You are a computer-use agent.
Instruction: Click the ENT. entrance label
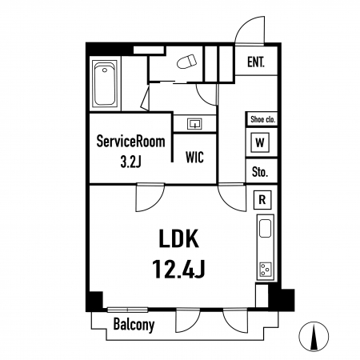(x=256, y=62)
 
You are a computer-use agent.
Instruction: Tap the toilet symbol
(x=187, y=62)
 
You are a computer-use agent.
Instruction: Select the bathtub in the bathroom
(x=105, y=84)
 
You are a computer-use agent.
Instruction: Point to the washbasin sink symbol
(x=194, y=124)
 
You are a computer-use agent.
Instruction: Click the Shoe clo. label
(x=262, y=119)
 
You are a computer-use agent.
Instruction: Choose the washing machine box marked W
(x=260, y=142)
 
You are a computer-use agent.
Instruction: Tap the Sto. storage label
(x=260, y=172)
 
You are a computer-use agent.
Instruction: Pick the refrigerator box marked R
(x=262, y=200)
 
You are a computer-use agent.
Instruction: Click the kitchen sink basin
(x=266, y=229)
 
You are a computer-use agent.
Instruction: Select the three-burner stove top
(x=266, y=270)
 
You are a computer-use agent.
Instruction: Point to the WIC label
(x=194, y=158)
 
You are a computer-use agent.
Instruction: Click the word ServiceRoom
(x=130, y=142)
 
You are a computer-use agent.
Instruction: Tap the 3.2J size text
(x=130, y=162)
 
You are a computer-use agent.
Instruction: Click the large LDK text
(x=178, y=238)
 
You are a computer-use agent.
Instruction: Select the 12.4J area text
(x=178, y=269)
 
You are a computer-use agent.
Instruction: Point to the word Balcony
(x=134, y=325)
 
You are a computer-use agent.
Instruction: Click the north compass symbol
(x=314, y=336)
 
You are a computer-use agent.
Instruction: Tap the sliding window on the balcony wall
(x=127, y=310)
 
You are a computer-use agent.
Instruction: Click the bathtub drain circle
(x=105, y=70)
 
